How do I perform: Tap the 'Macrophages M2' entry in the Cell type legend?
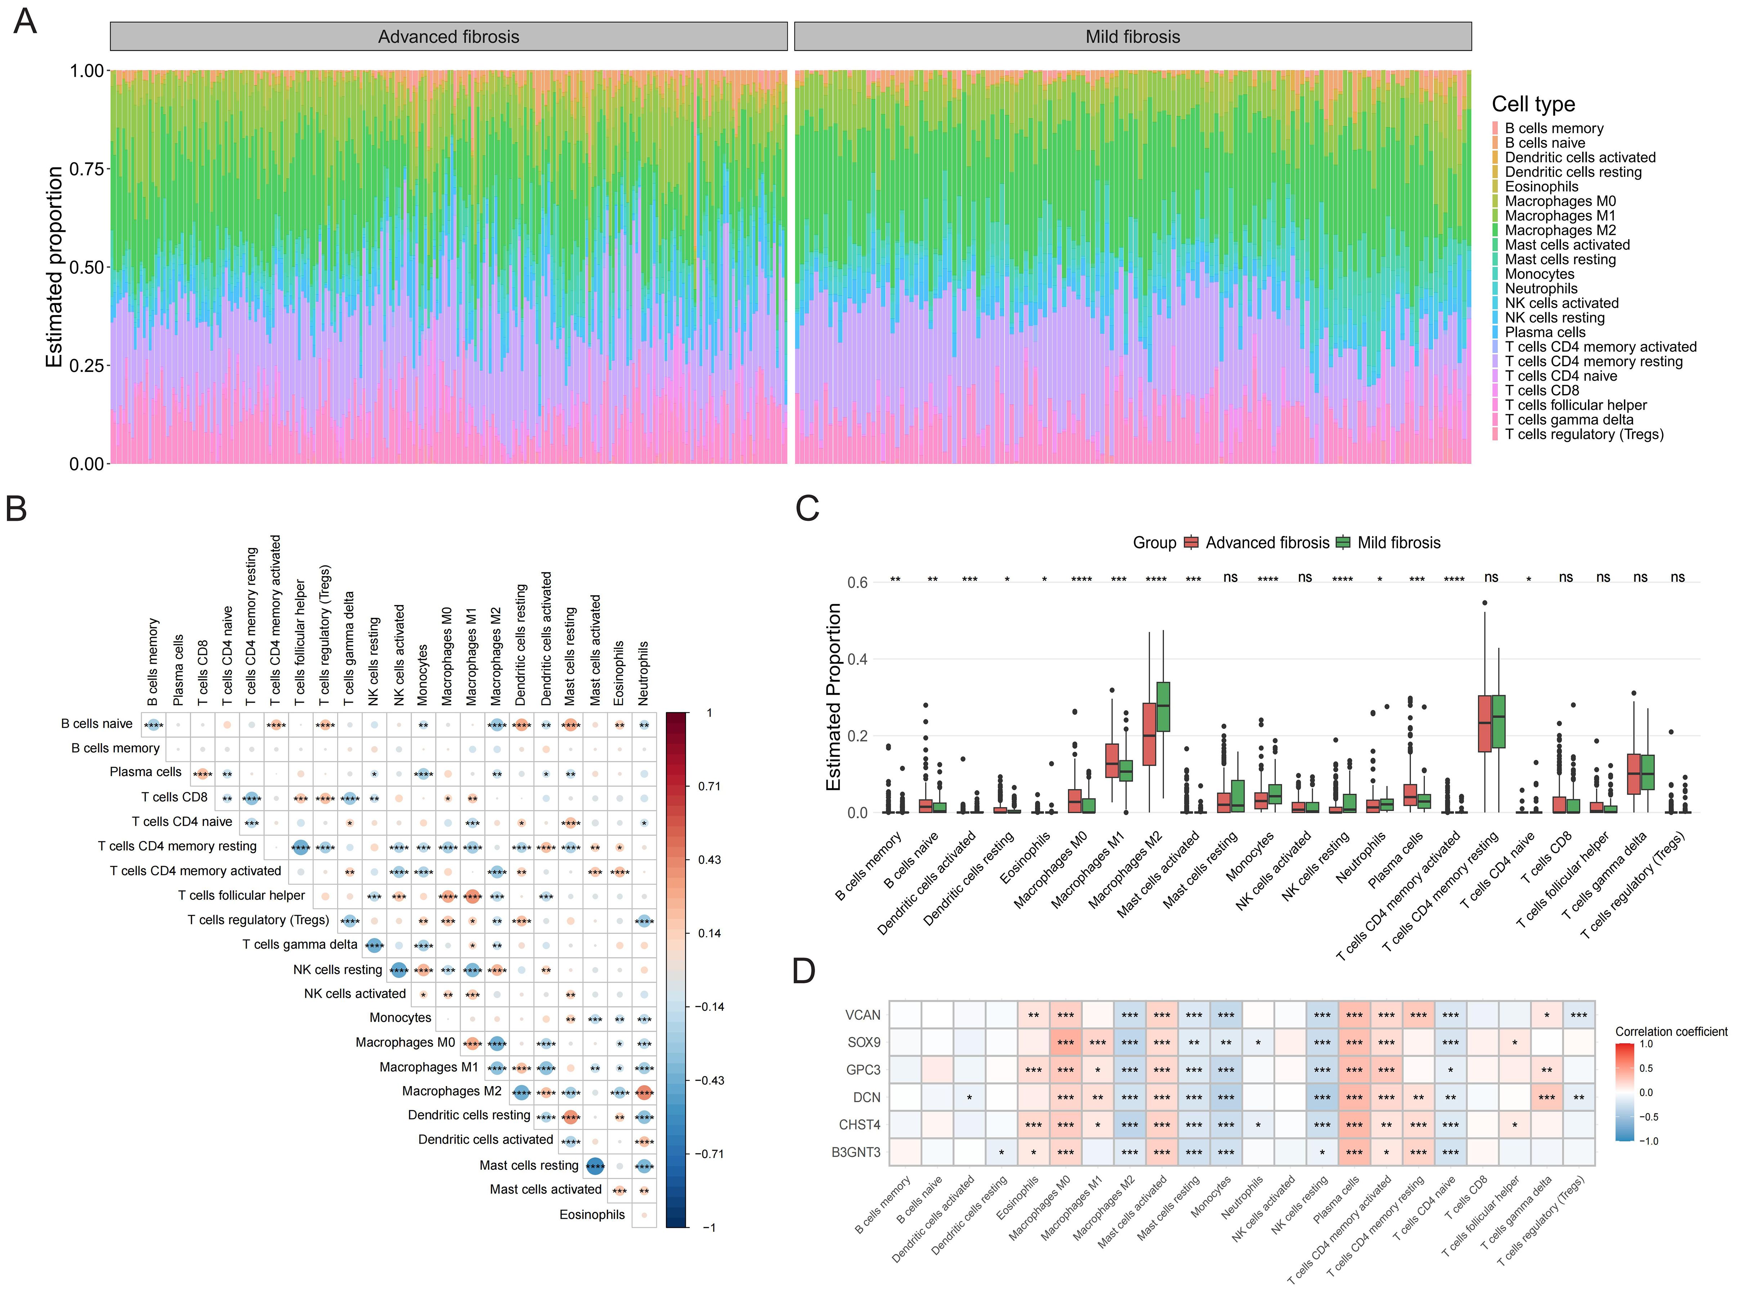(x=1560, y=230)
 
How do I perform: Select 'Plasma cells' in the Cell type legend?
(x=1544, y=332)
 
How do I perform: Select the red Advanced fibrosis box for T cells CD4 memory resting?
(x=1484, y=723)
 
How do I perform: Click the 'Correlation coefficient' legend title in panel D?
(x=1670, y=1032)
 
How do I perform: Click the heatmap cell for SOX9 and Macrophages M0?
(x=1065, y=1042)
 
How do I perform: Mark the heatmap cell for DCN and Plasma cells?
(x=1354, y=1097)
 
